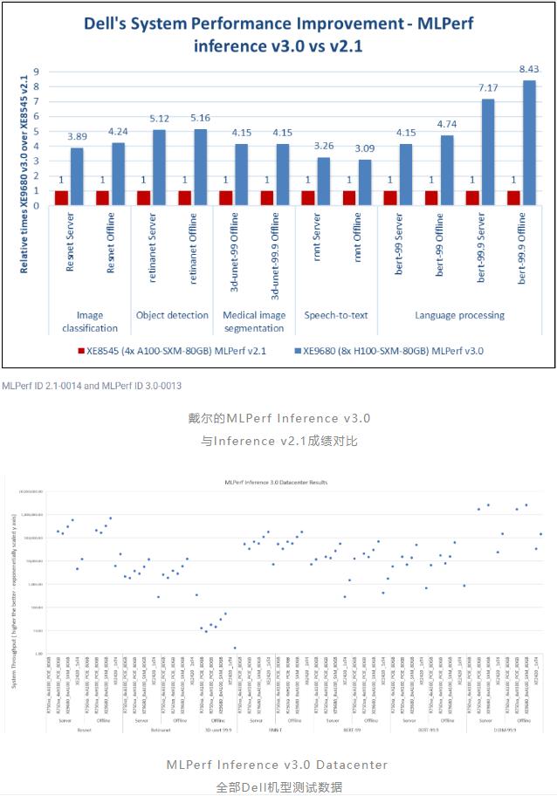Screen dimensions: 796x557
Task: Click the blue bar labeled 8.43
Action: (529, 142)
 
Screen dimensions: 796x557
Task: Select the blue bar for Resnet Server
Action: (78, 175)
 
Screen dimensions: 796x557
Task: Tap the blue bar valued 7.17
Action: (488, 152)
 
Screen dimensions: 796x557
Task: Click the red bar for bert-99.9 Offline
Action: (513, 197)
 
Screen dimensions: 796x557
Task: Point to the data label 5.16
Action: (200, 117)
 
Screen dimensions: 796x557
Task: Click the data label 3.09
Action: (365, 148)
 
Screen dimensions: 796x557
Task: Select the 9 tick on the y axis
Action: (37, 72)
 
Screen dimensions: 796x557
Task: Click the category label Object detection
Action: (172, 315)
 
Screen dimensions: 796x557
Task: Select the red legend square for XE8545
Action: (79, 351)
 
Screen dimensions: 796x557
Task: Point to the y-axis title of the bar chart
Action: (24, 174)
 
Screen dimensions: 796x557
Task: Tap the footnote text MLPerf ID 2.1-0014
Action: (40, 385)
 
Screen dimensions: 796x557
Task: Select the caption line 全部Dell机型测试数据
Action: (278, 786)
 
